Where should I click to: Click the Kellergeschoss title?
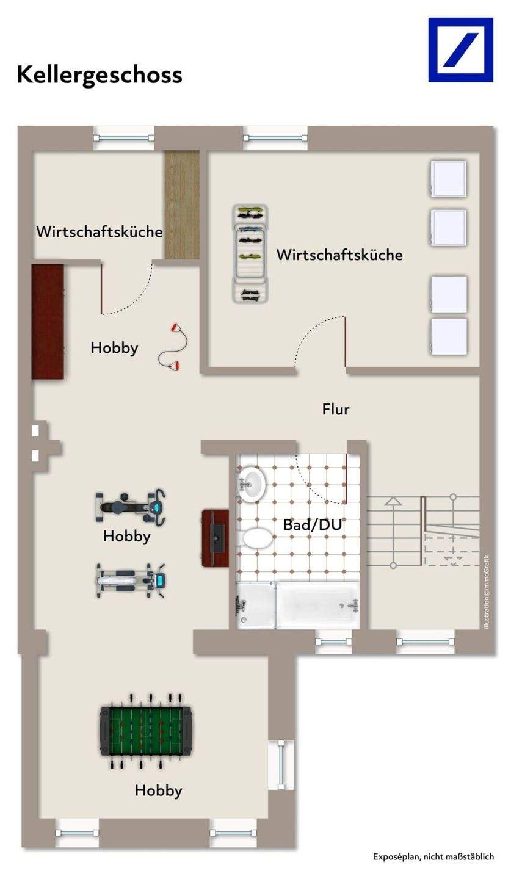pos(100,74)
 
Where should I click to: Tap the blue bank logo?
pos(460,49)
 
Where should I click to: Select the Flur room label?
pos(336,409)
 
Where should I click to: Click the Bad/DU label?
pos(312,525)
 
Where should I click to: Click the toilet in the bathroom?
pos(258,538)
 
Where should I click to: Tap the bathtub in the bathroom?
pos(318,604)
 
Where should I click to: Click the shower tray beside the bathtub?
pos(255,604)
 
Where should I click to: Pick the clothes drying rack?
pos(250,253)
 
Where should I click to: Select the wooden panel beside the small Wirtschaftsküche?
pos(182,204)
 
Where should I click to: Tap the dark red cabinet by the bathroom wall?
pos(215,538)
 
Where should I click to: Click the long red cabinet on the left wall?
pos(48,321)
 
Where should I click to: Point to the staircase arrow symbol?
pos(393,502)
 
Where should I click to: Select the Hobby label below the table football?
pos(158,790)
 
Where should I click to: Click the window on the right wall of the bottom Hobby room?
pos(281,764)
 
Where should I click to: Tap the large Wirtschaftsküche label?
pos(339,255)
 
